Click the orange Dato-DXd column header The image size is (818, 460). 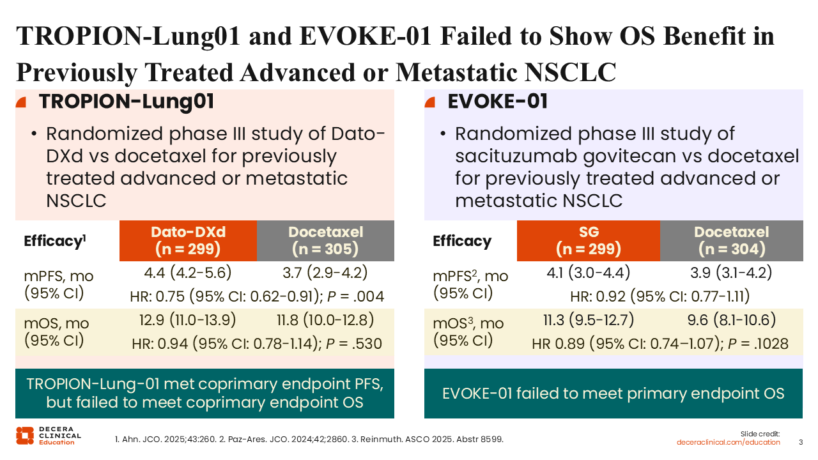tap(188, 241)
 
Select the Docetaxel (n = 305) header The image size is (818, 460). tap(325, 241)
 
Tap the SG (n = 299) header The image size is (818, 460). tap(589, 241)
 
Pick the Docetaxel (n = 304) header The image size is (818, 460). tap(731, 241)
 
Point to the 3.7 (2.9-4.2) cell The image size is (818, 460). tap(325, 273)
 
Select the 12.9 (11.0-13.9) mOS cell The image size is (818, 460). tap(188, 319)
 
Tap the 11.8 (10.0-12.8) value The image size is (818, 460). tap(325, 319)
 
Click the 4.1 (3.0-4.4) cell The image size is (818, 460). tap(589, 273)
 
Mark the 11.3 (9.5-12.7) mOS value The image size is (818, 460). tap(589, 319)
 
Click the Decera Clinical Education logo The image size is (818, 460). tap(48, 435)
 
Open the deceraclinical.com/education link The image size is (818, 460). tap(729, 442)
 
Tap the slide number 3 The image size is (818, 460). tap(801, 442)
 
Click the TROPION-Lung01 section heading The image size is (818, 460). tap(126, 102)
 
